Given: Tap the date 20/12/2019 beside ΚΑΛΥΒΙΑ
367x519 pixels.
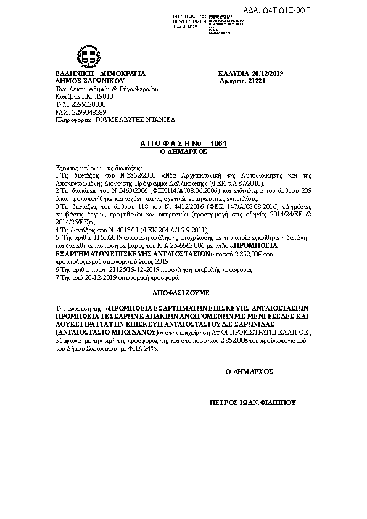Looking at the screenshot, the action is [x=264, y=72].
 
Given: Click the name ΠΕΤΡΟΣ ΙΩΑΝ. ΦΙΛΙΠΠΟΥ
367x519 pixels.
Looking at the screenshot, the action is [x=253, y=401].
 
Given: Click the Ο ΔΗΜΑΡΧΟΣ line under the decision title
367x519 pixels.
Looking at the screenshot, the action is [x=181, y=151].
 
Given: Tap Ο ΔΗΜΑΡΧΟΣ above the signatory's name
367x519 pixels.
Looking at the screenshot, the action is [x=249, y=372].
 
